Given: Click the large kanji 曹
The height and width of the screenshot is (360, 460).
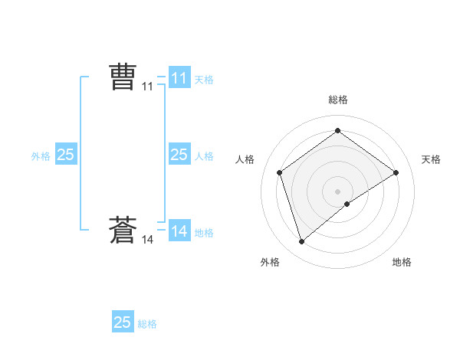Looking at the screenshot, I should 123,77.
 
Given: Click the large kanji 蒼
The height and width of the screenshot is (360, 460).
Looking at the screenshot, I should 123,231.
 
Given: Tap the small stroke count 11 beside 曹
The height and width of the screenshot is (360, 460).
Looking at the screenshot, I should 147,87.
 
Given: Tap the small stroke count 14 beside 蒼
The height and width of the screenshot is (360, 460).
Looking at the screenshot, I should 147,240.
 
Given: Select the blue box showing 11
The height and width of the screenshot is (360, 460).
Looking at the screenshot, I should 179,77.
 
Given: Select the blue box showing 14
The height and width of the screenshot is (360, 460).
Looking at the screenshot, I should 179,231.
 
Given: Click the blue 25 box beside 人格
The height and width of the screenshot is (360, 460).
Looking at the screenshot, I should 179,154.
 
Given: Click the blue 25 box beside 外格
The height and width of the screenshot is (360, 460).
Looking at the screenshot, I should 65,154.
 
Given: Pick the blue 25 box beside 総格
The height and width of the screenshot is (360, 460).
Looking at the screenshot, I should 123,322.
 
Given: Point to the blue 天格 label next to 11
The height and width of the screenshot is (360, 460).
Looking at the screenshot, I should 204,79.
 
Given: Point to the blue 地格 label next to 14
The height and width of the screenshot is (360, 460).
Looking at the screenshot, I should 204,232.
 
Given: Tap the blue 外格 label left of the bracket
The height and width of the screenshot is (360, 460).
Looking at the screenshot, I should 41,155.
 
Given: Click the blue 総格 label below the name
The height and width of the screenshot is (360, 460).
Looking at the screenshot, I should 147,324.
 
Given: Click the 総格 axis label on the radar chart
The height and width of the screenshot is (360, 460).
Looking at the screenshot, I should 337,100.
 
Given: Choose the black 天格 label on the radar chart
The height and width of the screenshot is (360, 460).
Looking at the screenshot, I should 431,159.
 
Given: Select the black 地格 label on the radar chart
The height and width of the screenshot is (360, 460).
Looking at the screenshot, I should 402,262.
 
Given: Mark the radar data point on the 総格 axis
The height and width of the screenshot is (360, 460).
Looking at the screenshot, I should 337,131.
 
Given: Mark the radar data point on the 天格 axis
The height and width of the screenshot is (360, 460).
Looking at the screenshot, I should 396,172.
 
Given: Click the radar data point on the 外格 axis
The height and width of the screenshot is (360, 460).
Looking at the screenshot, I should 301,242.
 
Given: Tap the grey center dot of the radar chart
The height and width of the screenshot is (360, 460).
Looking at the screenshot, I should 337,191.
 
